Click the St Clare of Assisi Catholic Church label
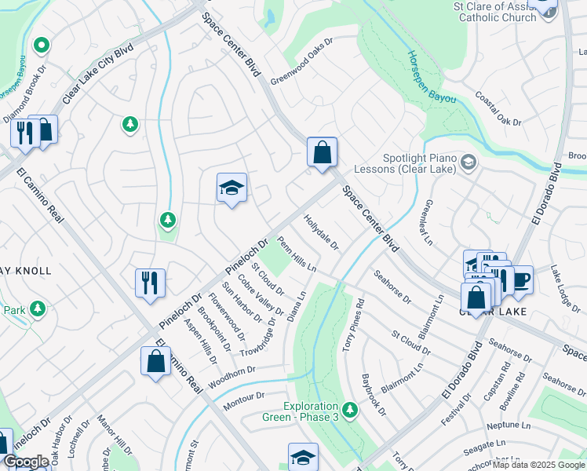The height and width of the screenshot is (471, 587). pyautogui.click(x=494, y=11)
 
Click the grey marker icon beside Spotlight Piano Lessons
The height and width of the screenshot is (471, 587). pyautogui.click(x=469, y=163)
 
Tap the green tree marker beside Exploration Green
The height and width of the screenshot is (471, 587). pyautogui.click(x=349, y=410)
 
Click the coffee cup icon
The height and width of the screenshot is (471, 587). pyautogui.click(x=521, y=279)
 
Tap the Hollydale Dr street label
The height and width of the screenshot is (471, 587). pyautogui.click(x=321, y=234)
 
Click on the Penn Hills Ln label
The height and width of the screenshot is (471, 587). pyautogui.click(x=297, y=257)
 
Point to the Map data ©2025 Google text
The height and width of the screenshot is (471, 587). pyautogui.click(x=538, y=465)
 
